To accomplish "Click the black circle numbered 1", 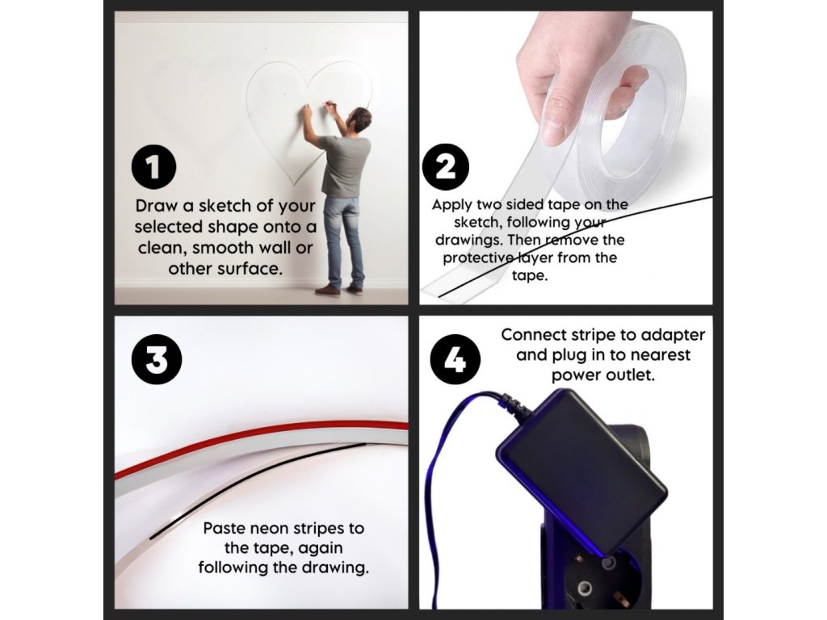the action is (x=153, y=167).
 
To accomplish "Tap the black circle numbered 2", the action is (x=446, y=167).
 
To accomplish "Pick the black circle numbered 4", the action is (x=455, y=359).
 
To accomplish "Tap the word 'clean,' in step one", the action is (x=159, y=248).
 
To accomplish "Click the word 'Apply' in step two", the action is (x=452, y=205).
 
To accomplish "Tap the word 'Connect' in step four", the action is (x=532, y=335).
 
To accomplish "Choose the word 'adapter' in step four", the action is (x=674, y=336).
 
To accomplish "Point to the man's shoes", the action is (x=340, y=290).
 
